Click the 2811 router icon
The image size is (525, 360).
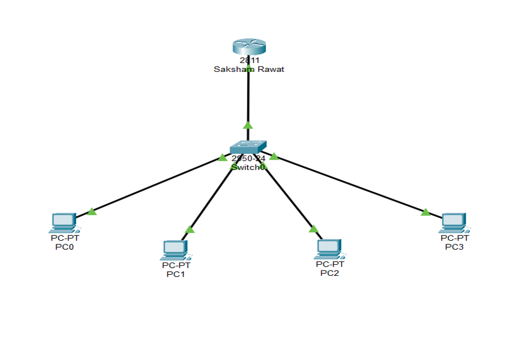click(248, 47)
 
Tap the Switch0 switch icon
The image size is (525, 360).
click(248, 147)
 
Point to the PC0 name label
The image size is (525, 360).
click(64, 247)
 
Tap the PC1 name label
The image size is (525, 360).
click(175, 274)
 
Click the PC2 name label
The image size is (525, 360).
click(329, 273)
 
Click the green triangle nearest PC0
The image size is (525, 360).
click(92, 212)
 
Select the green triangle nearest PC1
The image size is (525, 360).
click(189, 230)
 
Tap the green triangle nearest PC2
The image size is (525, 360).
click(313, 229)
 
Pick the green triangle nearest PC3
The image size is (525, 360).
click(425, 212)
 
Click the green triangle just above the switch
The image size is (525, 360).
click(247, 125)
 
